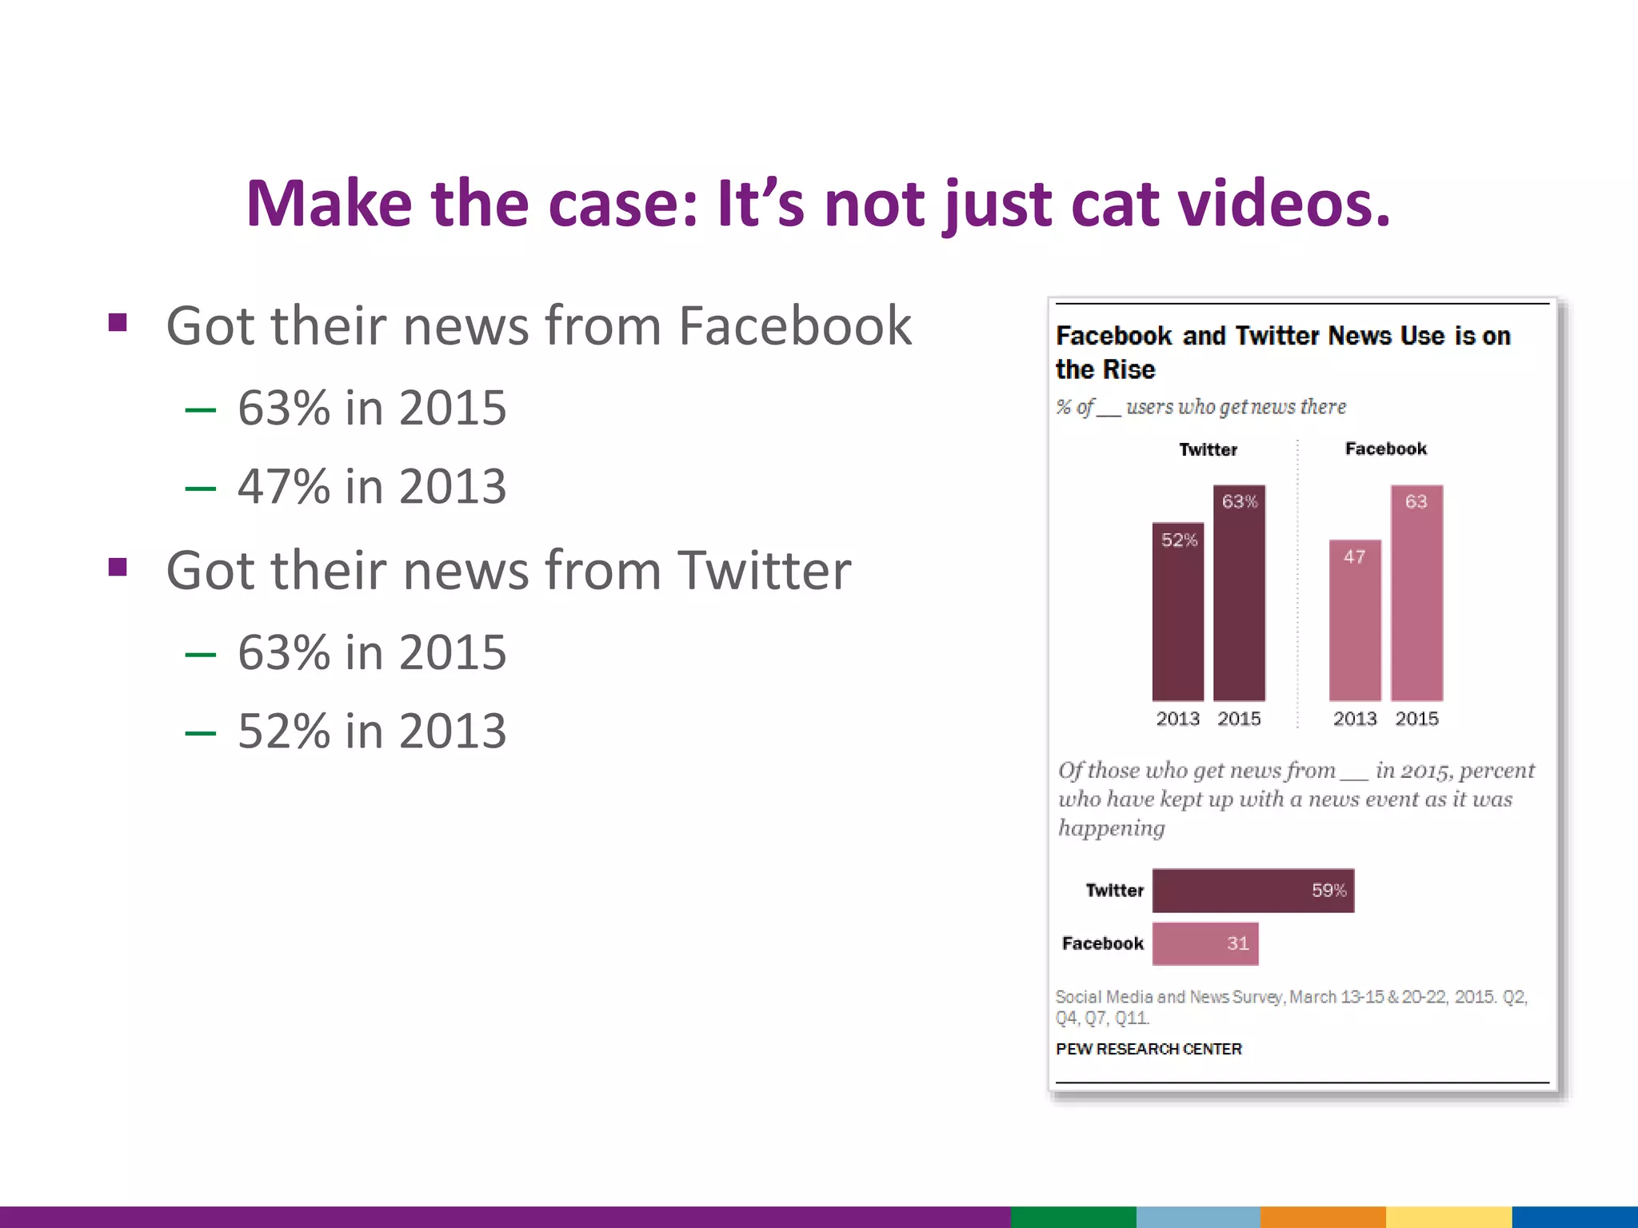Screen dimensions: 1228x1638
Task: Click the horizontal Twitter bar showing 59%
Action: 1252,891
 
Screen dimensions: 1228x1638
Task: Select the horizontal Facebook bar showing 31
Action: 1205,943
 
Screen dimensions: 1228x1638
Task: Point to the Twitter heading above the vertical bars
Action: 1208,449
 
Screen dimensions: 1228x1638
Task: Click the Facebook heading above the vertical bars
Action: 1385,449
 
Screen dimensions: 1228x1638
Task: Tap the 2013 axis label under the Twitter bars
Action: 1177,719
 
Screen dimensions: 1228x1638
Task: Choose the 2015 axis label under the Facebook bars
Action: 1416,719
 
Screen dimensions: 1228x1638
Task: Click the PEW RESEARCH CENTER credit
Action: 1149,1049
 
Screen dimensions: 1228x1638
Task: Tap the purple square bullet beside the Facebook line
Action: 118,323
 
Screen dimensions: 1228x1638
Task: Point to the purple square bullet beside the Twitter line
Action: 118,567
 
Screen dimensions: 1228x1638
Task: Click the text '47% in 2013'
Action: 372,486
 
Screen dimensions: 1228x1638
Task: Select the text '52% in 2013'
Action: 372,731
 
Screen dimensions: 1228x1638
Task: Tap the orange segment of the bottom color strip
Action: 1322,1217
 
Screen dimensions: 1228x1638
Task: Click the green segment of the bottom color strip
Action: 1073,1217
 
